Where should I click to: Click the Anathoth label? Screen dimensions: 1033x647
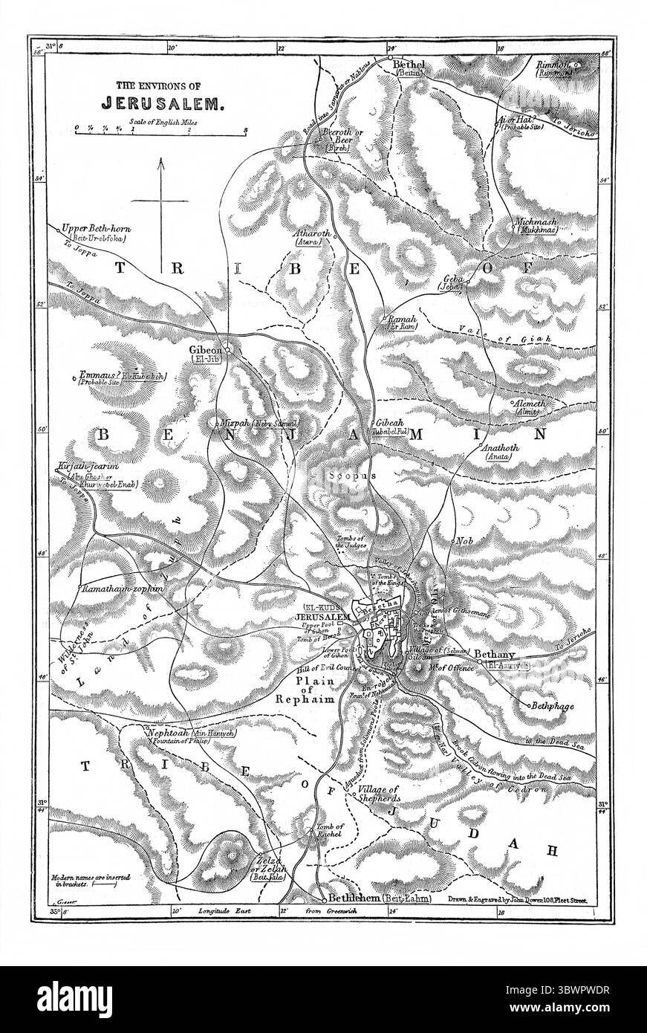tap(500, 449)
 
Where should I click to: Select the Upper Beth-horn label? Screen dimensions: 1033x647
tap(97, 228)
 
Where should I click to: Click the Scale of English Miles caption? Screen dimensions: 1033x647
tap(160, 119)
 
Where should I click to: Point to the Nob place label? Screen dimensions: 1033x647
tap(465, 541)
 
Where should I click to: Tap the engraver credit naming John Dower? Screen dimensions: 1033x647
tap(518, 898)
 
